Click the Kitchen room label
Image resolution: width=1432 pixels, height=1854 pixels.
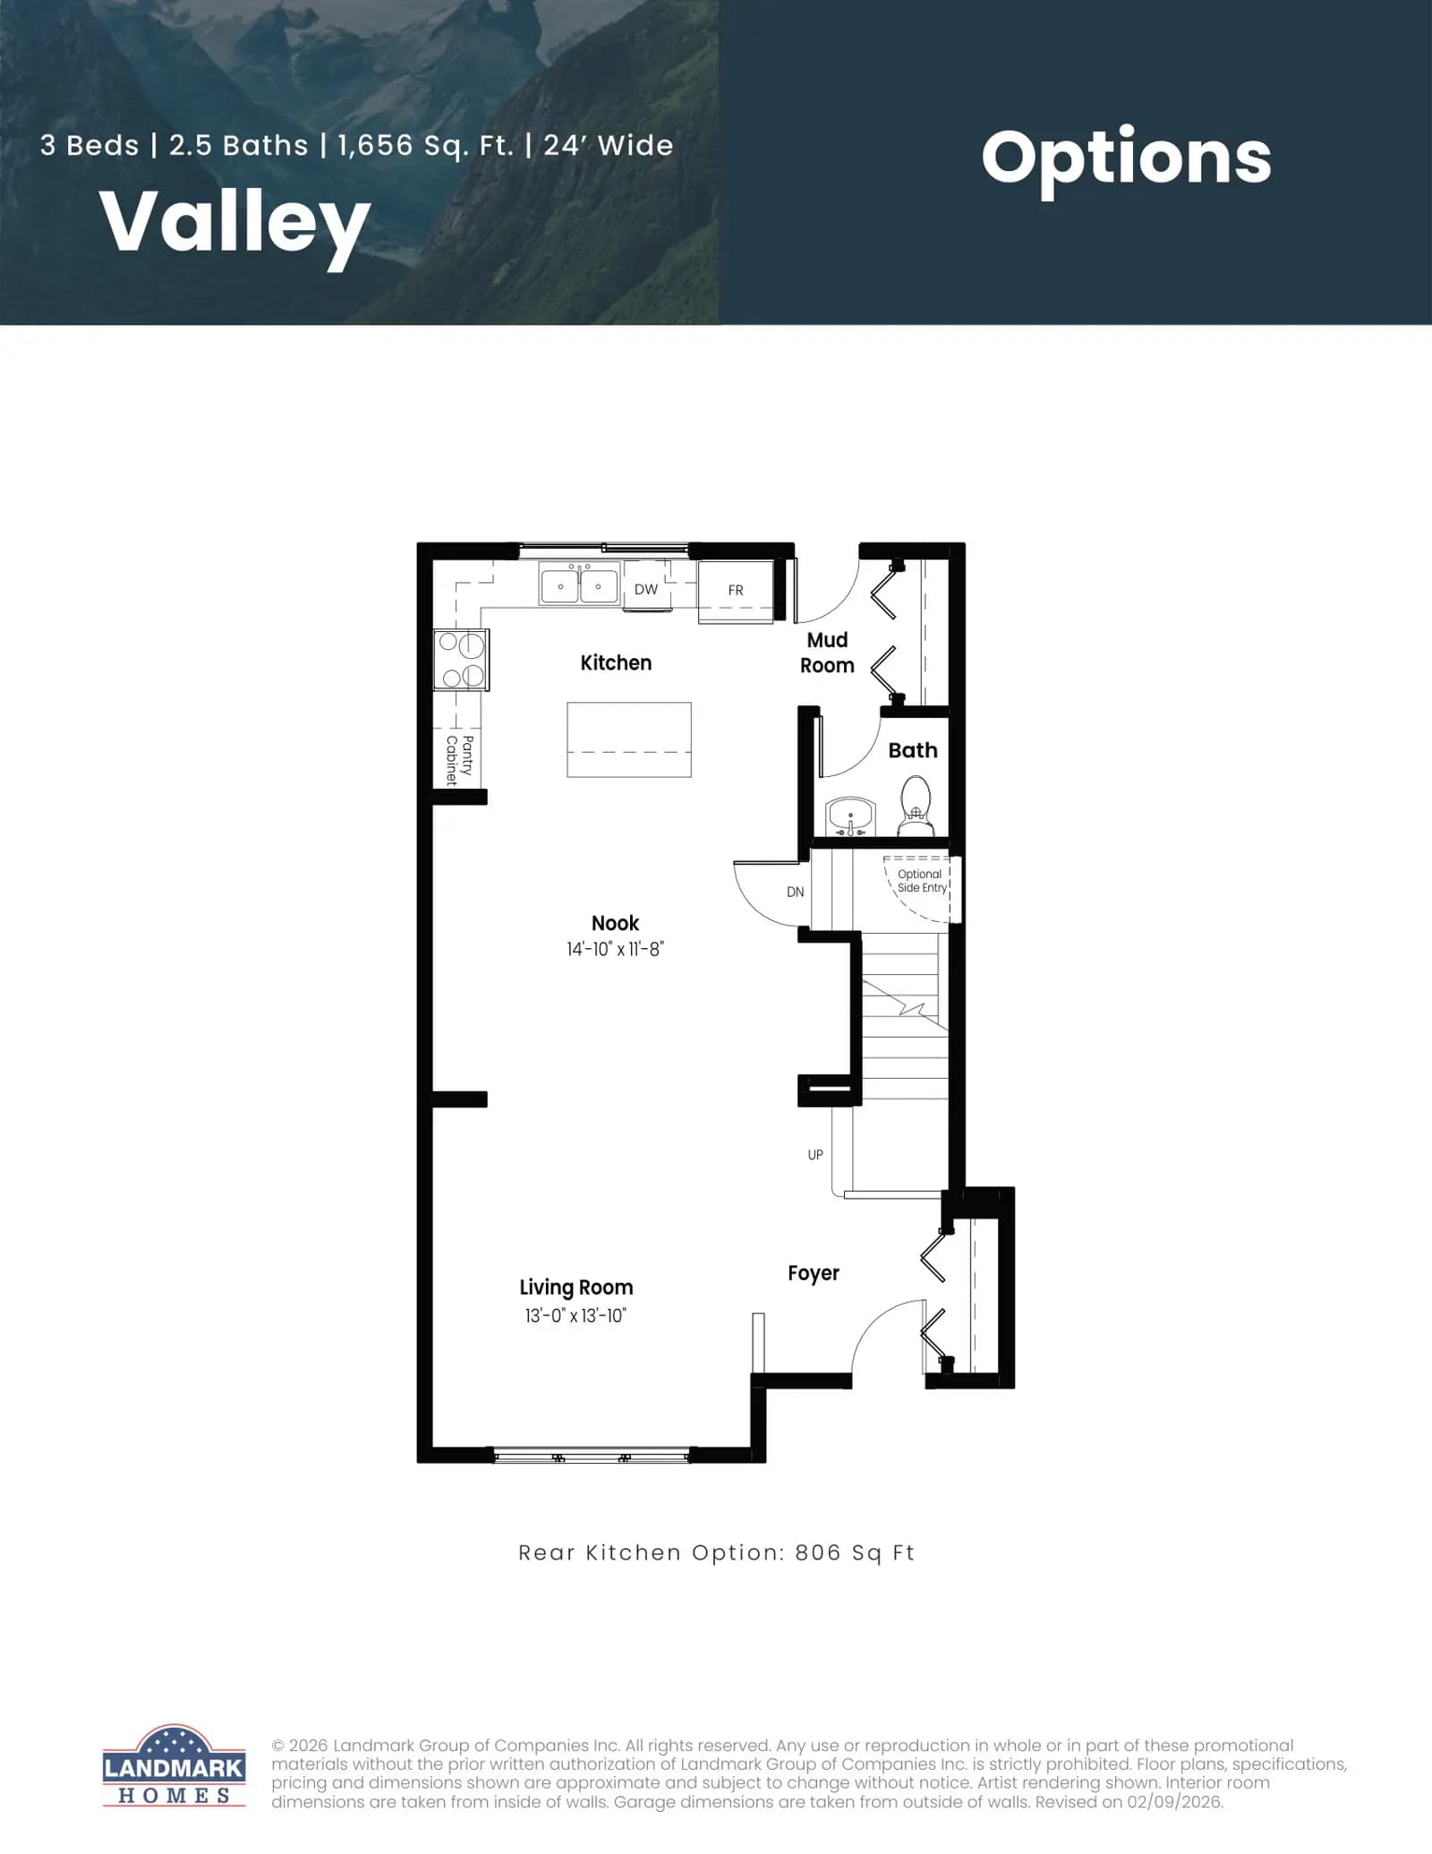[616, 662]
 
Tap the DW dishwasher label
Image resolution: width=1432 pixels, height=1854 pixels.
[645, 589]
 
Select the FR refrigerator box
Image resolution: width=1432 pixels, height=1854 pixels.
[735, 591]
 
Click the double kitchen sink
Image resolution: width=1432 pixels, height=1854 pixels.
[579, 585]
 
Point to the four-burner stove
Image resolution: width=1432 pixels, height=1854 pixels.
[461, 660]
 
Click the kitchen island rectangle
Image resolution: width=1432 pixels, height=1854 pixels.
[629, 739]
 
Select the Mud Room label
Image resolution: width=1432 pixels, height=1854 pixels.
[827, 653]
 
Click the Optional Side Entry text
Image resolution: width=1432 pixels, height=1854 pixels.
[922, 881]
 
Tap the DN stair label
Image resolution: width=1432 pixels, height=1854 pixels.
[795, 892]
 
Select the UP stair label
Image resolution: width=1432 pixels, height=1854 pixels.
[815, 1155]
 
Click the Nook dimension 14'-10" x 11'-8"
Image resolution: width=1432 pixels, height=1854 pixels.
[615, 949]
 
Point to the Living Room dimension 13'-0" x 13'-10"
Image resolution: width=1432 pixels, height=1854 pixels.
[575, 1315]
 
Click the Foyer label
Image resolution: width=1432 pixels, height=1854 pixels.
[814, 1273]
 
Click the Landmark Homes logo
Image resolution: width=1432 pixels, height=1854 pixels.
[174, 1765]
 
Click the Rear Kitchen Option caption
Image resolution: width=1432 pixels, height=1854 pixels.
[716, 1553]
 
